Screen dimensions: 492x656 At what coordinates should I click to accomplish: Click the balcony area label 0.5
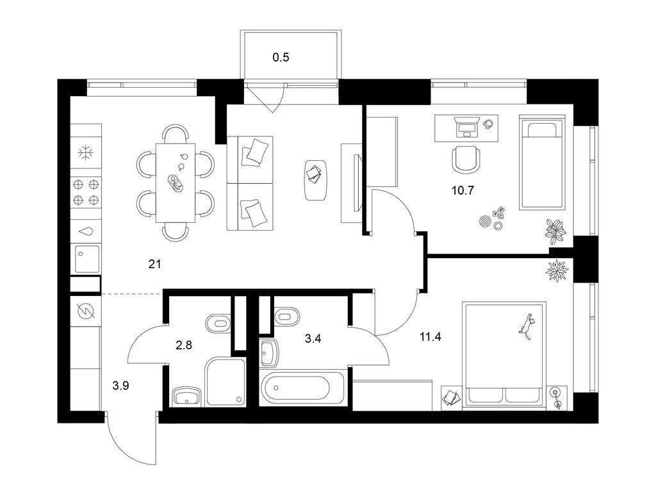tap(281, 58)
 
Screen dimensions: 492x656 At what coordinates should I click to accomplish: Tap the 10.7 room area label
tap(461, 190)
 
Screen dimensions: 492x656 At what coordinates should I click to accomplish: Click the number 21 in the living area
tap(154, 263)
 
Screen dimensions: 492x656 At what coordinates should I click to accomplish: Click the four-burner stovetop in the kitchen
tap(86, 192)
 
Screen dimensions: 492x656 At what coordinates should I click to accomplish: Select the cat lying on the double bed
tap(527, 324)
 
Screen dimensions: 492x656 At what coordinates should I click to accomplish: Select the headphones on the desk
tap(489, 124)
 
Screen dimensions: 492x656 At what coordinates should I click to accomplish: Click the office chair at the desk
tap(466, 158)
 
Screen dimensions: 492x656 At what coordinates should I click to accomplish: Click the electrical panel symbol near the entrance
tap(85, 311)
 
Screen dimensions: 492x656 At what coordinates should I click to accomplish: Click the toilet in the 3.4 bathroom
tap(286, 315)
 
